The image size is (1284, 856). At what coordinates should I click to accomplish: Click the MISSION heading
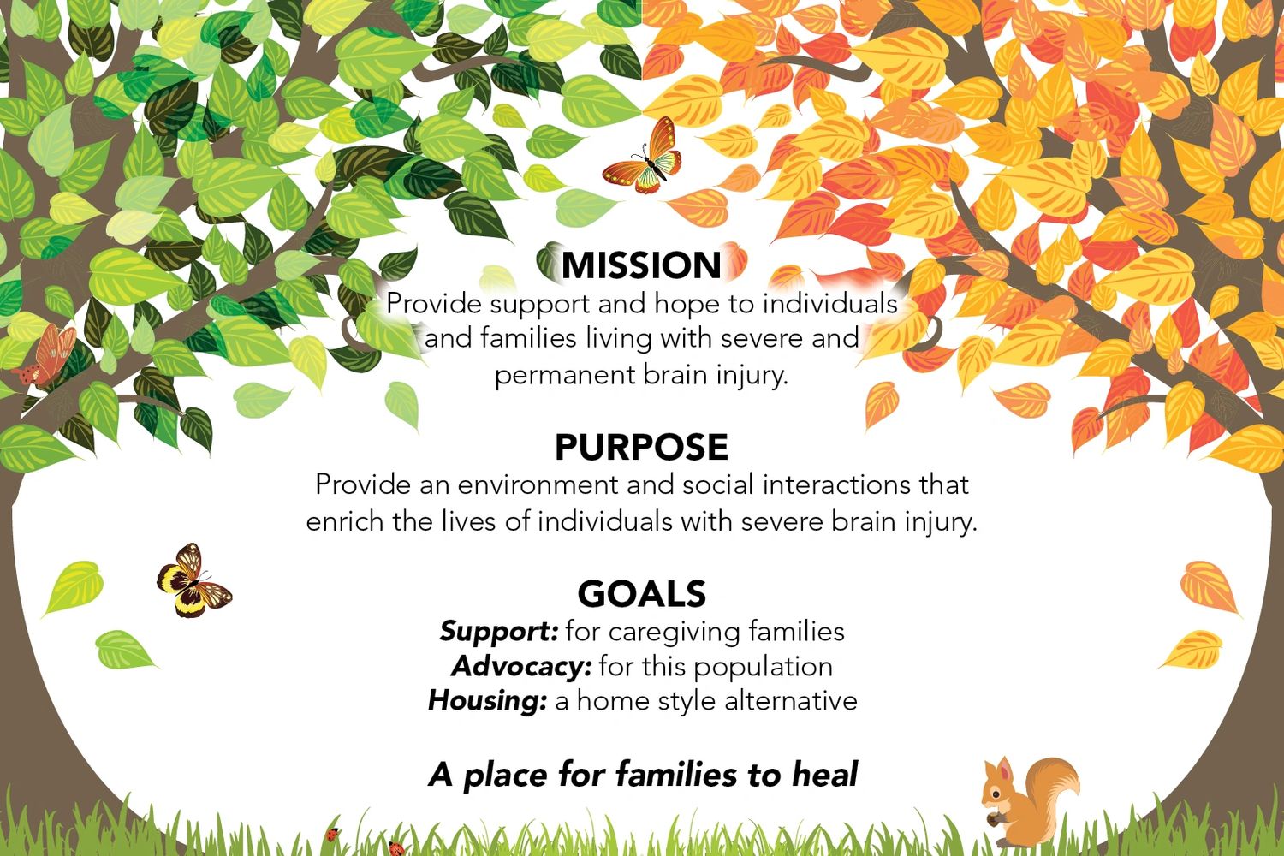coord(641,265)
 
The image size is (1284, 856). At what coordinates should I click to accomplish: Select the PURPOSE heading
coord(641,447)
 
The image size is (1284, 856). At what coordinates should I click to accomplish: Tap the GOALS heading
coord(641,593)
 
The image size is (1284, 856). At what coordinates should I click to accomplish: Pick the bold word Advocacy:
coord(521,667)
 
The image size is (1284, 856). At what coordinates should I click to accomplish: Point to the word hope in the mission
coord(687,305)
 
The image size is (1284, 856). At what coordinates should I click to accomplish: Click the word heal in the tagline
coord(824,774)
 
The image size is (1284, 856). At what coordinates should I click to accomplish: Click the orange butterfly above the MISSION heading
coord(642,156)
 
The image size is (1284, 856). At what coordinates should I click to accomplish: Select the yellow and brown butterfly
coord(193,580)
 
